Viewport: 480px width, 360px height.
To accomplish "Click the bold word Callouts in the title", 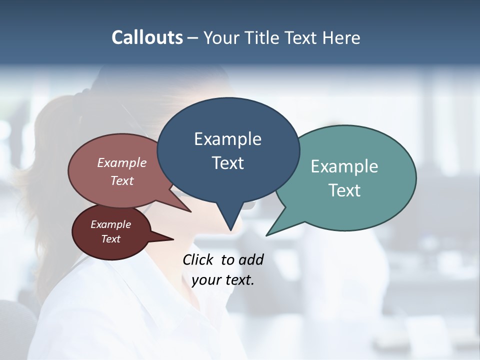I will [x=147, y=37].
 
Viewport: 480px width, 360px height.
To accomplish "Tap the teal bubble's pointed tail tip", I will [x=266, y=235].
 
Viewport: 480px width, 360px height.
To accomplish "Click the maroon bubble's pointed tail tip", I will [x=173, y=239].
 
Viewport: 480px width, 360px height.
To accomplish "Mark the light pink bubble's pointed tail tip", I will [x=190, y=211].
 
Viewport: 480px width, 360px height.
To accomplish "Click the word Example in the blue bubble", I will [x=227, y=139].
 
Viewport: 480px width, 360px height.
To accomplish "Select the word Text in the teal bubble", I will [x=344, y=190].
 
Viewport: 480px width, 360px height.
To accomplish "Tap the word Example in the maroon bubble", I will [x=110, y=224].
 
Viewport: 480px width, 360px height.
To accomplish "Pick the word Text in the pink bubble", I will [x=122, y=181].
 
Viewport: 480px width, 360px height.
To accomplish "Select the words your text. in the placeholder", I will [x=223, y=280].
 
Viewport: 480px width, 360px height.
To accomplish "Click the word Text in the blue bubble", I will [x=228, y=163].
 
